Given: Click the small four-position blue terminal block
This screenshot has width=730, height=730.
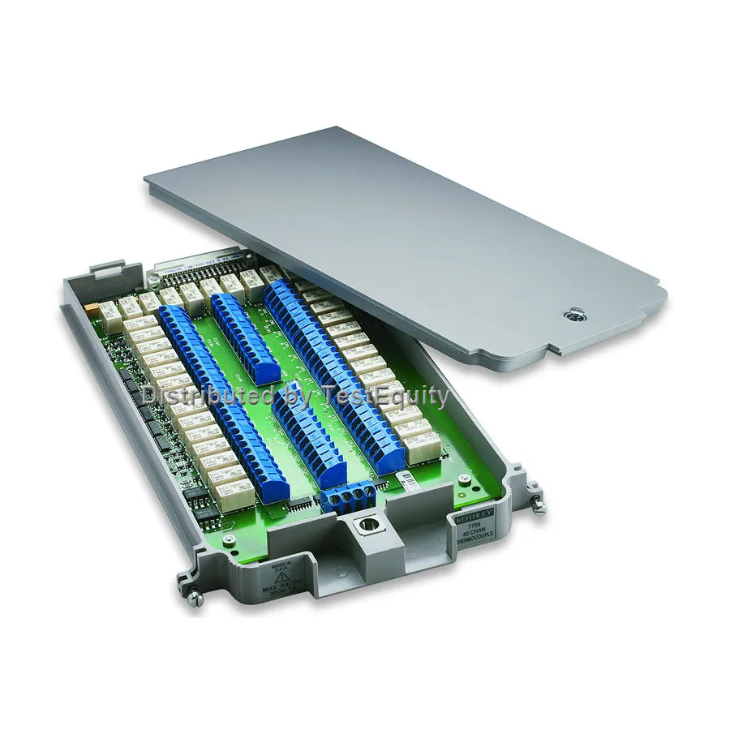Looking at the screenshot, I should [x=347, y=496].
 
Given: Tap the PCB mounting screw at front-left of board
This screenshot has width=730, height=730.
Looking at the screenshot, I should [x=230, y=539].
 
